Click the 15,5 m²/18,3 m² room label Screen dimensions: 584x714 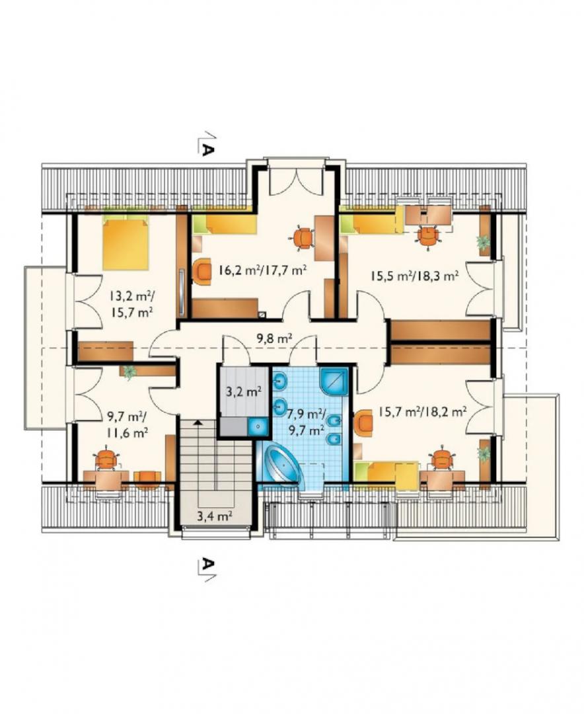(414, 276)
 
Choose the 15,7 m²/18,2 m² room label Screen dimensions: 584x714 (422, 412)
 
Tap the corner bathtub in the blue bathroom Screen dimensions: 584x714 (281, 465)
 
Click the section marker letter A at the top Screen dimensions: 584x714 (207, 151)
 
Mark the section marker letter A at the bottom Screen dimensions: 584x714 (207, 564)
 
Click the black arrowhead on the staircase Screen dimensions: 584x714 (197, 422)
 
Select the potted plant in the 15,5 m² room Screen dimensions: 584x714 (482, 242)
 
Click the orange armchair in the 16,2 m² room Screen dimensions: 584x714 (201, 271)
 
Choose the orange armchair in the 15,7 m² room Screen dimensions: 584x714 (363, 422)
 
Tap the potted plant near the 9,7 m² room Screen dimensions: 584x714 (129, 372)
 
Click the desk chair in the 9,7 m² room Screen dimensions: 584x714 (107, 459)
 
